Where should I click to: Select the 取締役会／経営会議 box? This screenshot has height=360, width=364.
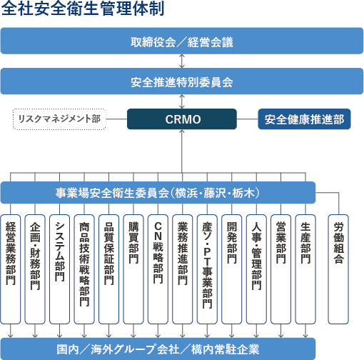(182, 41)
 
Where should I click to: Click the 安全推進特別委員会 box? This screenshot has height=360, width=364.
(182, 81)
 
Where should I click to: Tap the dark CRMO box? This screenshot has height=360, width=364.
(183, 119)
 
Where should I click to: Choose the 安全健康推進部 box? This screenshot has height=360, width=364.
(304, 119)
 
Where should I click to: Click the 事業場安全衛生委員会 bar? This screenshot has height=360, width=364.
(158, 193)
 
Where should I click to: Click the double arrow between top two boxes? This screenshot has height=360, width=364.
(182, 61)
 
